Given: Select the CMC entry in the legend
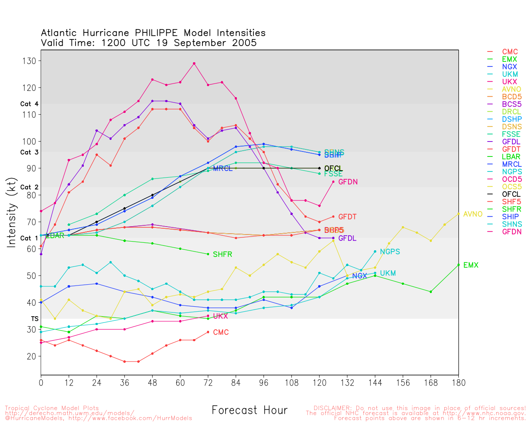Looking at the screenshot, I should click(510, 52).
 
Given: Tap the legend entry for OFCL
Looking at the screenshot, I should click(511, 194).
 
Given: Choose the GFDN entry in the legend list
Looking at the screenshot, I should click(512, 232).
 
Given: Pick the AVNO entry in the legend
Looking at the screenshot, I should click(512, 89).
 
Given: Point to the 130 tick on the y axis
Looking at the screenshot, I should click(29, 61).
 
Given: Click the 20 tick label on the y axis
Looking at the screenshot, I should click(32, 357).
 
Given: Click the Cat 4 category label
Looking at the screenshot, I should click(29, 104).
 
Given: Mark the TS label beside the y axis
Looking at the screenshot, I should click(35, 319).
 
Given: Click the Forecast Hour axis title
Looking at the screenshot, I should click(249, 410).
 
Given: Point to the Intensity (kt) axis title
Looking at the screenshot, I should click(11, 213).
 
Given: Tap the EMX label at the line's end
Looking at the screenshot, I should click(471, 265).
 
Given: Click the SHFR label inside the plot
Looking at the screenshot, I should click(222, 254).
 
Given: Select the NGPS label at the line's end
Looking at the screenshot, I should click(390, 252).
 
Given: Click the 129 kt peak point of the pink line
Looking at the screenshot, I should click(194, 64).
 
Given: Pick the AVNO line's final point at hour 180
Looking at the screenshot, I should click(458, 214).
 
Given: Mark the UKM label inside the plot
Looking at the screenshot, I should click(388, 274).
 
